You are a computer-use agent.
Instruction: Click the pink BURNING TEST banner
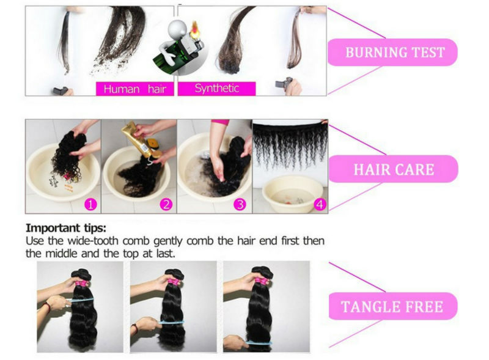[392, 52]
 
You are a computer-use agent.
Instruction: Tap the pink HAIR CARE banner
[393, 169]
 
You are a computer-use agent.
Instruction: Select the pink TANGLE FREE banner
[393, 306]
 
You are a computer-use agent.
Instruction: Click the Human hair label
[134, 89]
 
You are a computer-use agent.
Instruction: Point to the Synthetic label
[217, 89]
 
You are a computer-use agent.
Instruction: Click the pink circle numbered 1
[90, 205]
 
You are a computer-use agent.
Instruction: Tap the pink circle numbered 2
[166, 205]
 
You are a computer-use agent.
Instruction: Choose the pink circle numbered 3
[240, 205]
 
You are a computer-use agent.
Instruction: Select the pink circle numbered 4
[320, 205]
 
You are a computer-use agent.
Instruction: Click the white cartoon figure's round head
[177, 29]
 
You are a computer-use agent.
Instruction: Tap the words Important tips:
[66, 228]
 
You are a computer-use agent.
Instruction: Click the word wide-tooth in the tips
[93, 241]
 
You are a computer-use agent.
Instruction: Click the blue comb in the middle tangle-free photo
[172, 322]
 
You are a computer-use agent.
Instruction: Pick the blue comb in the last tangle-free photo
[258, 342]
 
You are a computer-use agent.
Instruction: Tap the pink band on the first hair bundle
[83, 284]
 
